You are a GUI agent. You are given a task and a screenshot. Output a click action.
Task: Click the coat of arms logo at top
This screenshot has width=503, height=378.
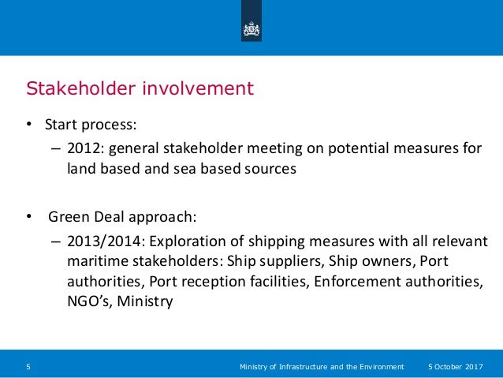tap(251, 28)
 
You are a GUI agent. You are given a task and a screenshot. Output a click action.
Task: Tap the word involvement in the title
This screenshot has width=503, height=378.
tap(197, 88)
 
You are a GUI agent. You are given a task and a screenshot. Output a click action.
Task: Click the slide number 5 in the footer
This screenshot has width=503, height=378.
tap(28, 367)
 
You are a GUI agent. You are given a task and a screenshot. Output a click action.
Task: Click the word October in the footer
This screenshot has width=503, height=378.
tap(450, 367)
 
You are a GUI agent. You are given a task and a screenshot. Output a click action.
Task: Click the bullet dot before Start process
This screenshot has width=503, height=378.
tap(28, 125)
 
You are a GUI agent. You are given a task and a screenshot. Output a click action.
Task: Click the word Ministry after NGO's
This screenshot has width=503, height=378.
tap(144, 301)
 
